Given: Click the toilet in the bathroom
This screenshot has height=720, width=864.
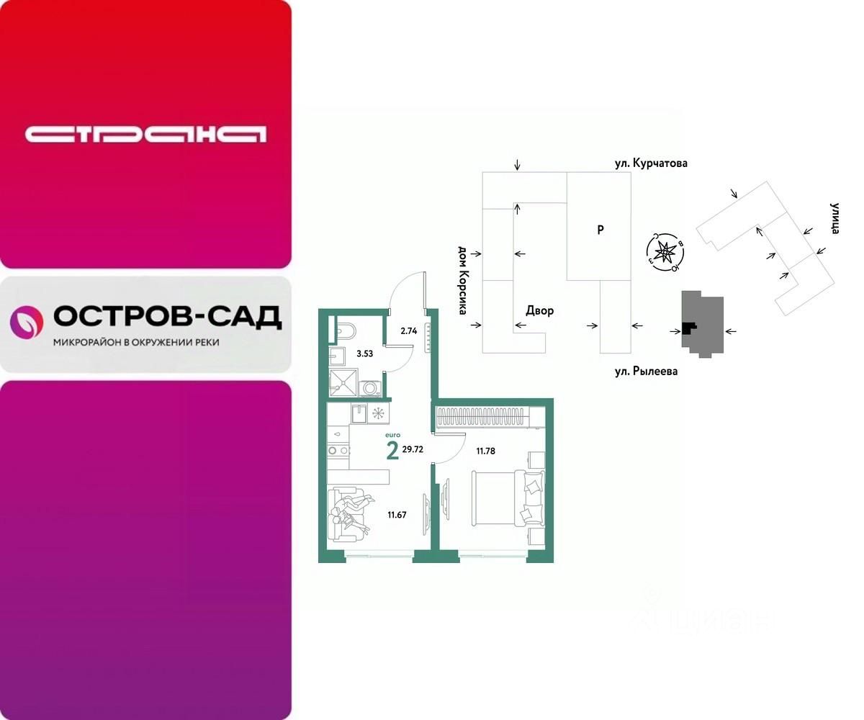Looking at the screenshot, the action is click(x=346, y=331).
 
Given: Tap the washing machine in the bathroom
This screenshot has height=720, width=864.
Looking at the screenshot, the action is click(x=371, y=388).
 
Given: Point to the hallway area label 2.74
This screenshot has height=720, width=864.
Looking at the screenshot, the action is click(x=409, y=331).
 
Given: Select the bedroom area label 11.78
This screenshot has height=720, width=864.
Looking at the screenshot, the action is click(x=487, y=451).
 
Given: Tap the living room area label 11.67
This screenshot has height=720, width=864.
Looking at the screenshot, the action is click(x=398, y=514).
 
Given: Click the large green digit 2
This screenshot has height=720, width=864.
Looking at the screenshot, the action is click(x=392, y=451).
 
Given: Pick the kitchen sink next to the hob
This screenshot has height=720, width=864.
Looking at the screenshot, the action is click(x=358, y=413).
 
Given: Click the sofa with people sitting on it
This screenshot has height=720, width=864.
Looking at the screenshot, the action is click(x=346, y=513).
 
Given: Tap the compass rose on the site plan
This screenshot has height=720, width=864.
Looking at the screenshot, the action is click(x=666, y=251).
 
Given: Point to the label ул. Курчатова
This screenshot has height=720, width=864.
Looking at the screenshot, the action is click(x=651, y=163).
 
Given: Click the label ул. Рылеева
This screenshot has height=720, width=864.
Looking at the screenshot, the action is click(x=645, y=372).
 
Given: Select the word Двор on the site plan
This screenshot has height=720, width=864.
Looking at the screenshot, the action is click(x=539, y=311).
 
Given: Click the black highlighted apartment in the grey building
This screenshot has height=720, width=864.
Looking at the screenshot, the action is click(x=689, y=328).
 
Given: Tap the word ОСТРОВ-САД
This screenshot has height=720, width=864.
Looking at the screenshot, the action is click(x=167, y=317).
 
